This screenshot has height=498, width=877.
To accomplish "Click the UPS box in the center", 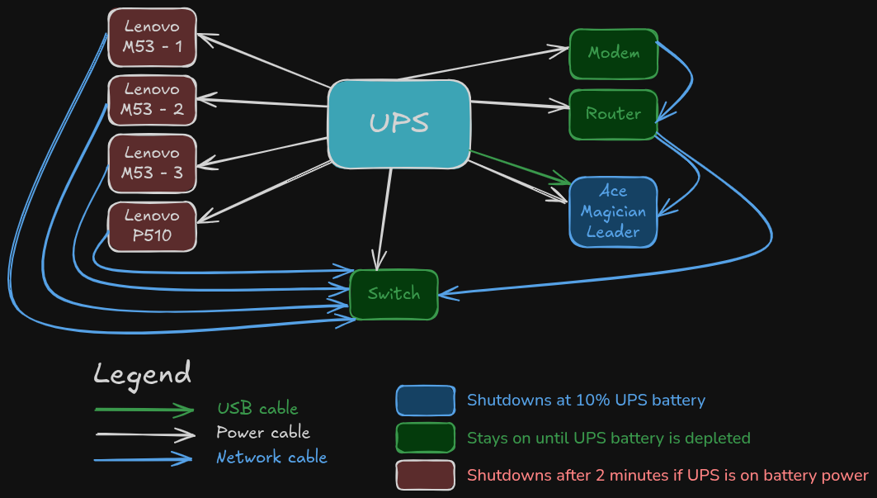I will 399,124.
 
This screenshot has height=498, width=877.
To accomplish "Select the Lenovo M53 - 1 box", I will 153,38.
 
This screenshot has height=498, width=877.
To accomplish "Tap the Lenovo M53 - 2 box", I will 153,99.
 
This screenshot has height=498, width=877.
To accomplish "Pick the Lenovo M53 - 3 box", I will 153,163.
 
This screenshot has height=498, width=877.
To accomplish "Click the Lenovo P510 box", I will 153,225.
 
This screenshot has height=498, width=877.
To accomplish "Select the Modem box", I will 614,54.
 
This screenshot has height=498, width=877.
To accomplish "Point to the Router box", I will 613,114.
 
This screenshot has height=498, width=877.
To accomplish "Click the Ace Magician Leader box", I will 613,211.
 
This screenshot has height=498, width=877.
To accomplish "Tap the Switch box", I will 394,294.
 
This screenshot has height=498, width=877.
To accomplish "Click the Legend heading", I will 142,373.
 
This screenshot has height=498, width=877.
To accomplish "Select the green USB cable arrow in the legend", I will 144,409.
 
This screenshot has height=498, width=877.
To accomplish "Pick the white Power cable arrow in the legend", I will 144,434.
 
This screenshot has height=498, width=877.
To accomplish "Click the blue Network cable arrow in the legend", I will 144,459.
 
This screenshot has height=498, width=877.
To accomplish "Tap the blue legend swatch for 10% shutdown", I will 425,401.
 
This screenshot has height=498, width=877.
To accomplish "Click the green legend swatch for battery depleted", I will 425,438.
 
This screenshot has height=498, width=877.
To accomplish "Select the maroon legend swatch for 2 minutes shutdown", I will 425,475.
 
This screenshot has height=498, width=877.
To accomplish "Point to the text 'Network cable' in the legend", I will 271,458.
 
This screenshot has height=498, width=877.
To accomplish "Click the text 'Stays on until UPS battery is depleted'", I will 608,438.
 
